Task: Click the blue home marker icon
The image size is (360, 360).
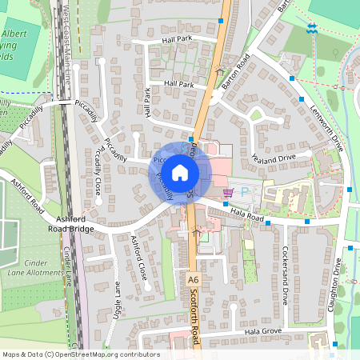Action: [180, 172]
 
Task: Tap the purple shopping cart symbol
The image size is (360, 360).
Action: [229, 193]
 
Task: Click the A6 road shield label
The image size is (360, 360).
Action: [193, 281]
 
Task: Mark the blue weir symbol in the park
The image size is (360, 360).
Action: [312, 29]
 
